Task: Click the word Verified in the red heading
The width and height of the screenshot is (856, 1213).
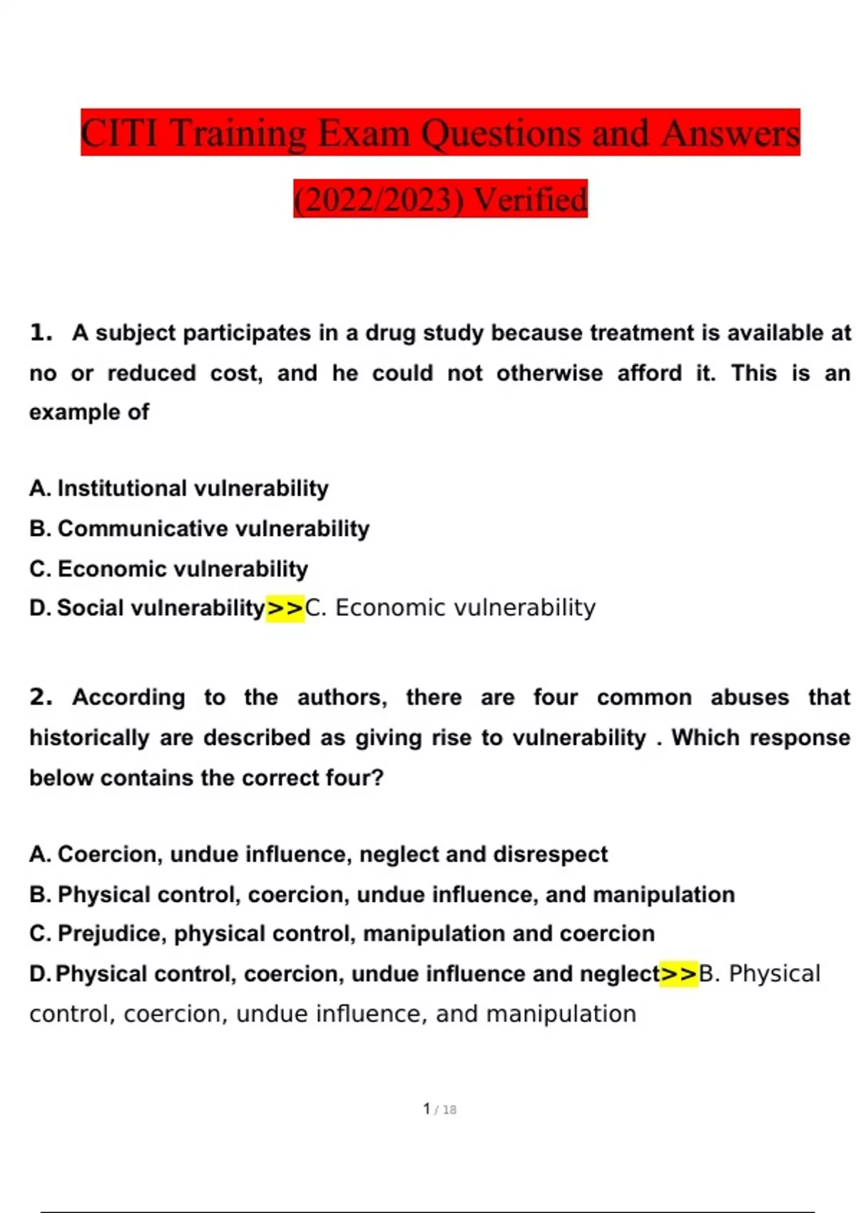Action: pos(531,199)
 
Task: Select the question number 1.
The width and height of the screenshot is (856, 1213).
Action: pos(41,333)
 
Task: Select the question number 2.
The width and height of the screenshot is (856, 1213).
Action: pos(41,697)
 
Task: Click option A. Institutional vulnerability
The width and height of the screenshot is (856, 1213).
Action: pos(179,488)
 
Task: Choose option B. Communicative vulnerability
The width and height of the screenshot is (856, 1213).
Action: pos(200,529)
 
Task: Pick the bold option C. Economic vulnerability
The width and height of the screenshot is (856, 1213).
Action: pos(169,569)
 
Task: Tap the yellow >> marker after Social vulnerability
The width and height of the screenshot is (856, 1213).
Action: pos(285,609)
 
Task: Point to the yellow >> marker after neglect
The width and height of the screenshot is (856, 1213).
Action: pos(679,974)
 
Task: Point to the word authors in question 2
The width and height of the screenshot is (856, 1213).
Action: pos(342,697)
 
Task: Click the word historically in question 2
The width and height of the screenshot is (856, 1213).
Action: pos(89,738)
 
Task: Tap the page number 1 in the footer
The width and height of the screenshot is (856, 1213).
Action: pos(427,1109)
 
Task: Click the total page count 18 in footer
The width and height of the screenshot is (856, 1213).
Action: pos(449,1110)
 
